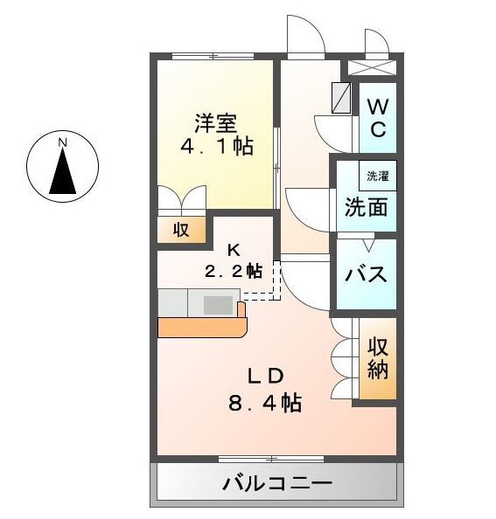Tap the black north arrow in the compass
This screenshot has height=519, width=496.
coord(62,171)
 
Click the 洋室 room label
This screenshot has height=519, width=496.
coord(215,122)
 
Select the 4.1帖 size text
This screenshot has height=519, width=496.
coord(216,146)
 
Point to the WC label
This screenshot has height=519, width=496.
coord(377,118)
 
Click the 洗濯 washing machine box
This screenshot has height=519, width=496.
coord(377,175)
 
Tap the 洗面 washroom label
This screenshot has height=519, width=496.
coord(365,208)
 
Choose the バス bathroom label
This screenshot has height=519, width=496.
coord(366,274)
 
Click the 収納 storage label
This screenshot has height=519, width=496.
coord(377,357)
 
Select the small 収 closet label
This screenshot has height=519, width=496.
coord(181,231)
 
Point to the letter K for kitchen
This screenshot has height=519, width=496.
coord(234,249)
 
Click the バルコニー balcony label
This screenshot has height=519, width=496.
coord(276,483)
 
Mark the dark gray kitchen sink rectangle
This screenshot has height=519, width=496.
coord(219,305)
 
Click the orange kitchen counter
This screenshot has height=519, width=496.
coord(203,327)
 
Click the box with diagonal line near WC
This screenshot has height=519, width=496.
coord(342,95)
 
